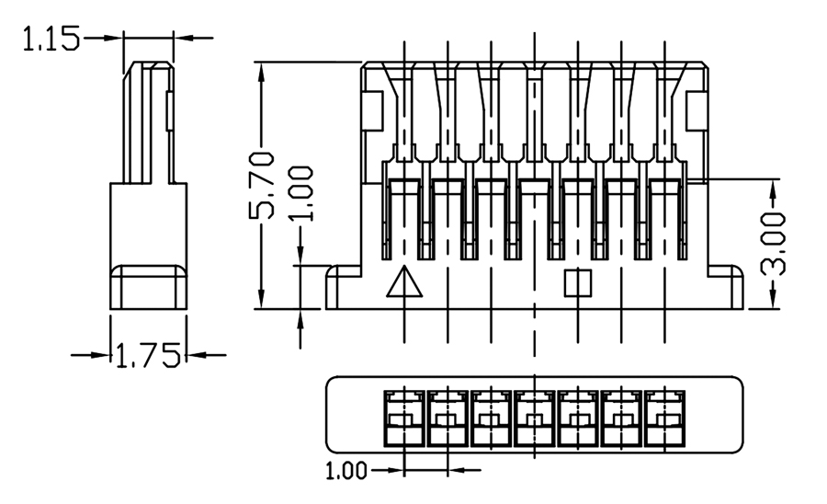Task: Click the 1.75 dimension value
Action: (x=148, y=355)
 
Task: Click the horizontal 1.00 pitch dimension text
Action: (x=346, y=472)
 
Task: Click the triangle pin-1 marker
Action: (x=404, y=282)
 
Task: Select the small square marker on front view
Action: (x=578, y=282)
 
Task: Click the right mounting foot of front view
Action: (x=729, y=286)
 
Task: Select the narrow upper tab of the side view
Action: (x=147, y=120)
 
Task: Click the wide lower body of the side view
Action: (x=148, y=244)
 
